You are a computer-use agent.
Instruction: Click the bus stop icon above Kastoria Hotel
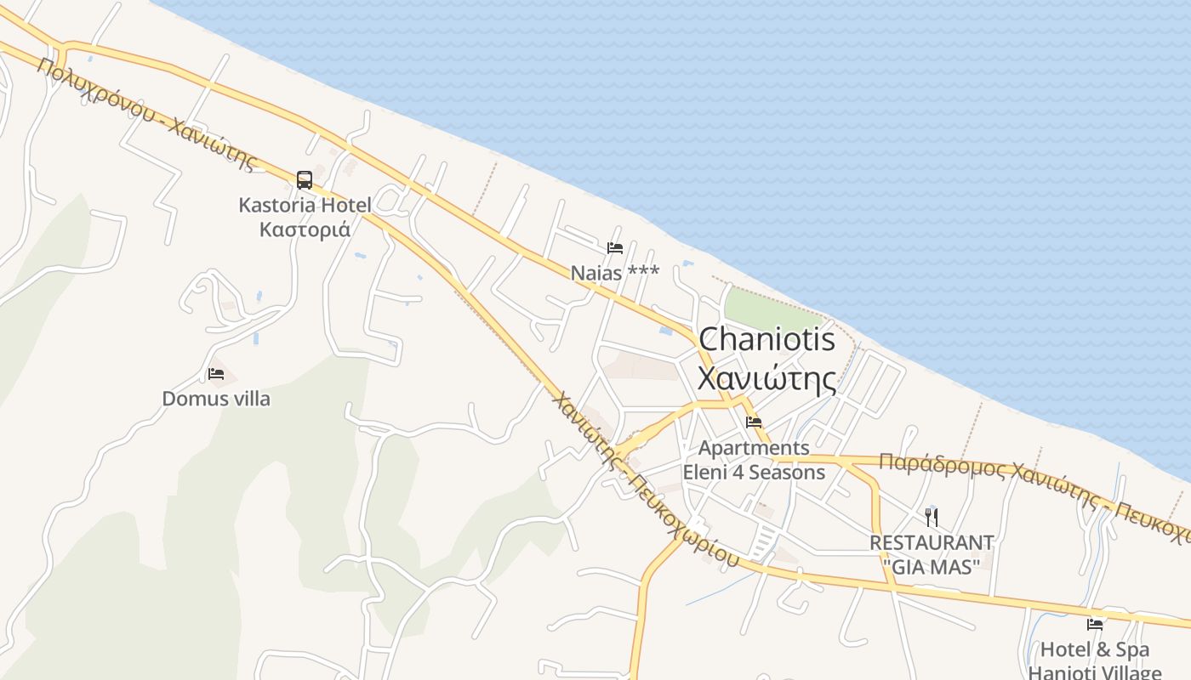point(304,179)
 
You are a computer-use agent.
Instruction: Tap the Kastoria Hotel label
point(305,205)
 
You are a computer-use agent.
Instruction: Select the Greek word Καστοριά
point(305,229)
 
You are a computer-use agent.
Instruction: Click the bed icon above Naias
point(615,248)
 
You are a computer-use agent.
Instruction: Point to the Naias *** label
point(615,272)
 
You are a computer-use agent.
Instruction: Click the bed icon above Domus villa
point(216,374)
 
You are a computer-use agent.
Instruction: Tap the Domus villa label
point(216,398)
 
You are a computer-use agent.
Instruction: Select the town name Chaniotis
point(766,340)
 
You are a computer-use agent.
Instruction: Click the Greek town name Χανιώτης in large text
point(766,378)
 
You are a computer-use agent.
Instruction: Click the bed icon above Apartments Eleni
point(754,422)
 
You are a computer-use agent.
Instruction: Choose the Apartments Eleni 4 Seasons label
point(754,459)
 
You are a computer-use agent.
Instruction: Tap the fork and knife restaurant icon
point(932,517)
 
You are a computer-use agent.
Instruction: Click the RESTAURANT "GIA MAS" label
point(932,553)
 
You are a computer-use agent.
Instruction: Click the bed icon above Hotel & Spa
point(1095,625)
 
